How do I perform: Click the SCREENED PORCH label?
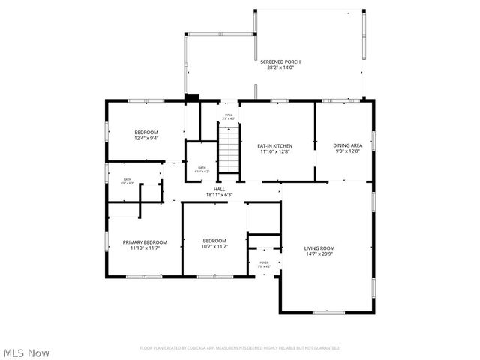coord(280,61)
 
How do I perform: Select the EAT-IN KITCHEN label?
coord(274,145)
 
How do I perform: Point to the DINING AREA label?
coord(347,145)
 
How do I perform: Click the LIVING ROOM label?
coord(319,248)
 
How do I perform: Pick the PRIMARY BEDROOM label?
coord(145,241)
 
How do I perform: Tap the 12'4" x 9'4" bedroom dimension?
coord(145,138)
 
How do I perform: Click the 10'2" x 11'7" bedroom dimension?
coord(214,246)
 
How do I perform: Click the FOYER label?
coord(263,262)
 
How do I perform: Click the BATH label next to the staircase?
coord(201,168)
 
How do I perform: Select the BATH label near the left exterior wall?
coord(127,180)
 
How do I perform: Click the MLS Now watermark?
coord(26,352)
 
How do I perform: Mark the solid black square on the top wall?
coord(191,96)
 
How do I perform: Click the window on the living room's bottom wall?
coord(328,312)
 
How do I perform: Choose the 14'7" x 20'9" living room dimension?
coord(319,254)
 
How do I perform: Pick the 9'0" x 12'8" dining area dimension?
coord(347,151)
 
